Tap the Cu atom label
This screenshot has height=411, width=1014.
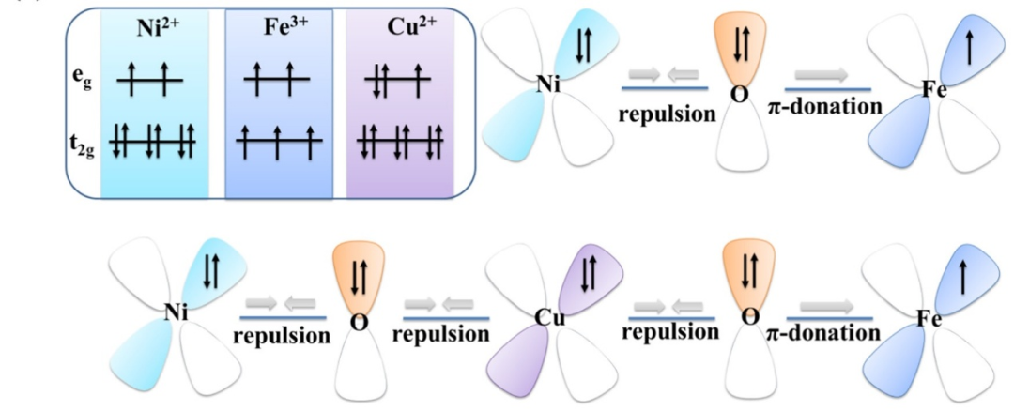coord(548,317)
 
